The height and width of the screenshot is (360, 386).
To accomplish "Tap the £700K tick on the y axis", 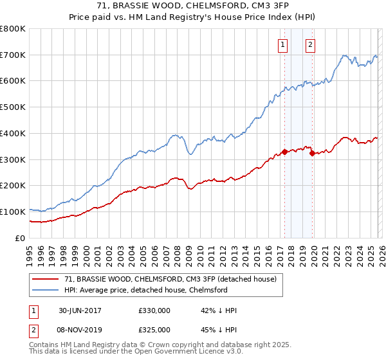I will [13, 55].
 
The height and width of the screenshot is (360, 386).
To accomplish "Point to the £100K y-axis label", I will [13, 212].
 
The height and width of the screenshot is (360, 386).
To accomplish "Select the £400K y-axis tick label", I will [13, 134].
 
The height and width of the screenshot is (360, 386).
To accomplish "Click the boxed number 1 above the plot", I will [283, 44].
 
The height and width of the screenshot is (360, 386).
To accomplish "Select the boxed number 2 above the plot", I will [310, 44].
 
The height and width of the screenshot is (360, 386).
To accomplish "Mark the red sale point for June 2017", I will [284, 152].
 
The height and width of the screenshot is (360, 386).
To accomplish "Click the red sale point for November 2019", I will [311, 153].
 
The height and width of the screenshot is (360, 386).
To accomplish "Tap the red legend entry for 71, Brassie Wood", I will [170, 279].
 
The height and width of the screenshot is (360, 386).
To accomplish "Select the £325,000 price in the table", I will [154, 330].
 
